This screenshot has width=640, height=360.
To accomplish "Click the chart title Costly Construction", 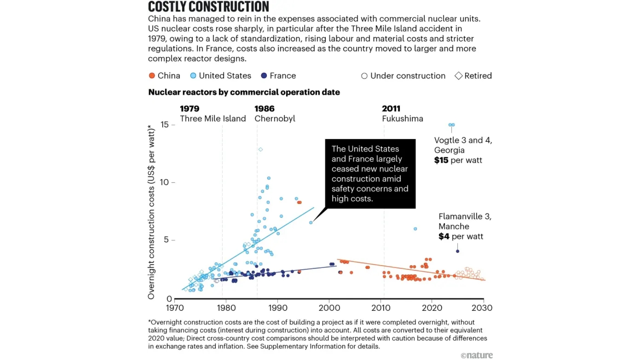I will coord(208,7).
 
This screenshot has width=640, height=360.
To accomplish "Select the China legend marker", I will coord(152,76).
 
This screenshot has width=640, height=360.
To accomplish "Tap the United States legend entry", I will coord(221,76).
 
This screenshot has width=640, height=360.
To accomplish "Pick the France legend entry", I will coord(279,76).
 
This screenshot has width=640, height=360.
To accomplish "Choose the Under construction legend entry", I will coord(403,76).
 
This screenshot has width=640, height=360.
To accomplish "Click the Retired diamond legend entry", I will coord(473,76).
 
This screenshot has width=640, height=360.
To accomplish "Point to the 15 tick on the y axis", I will coord(165,125).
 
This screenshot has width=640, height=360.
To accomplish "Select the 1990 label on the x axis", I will coord(278,308).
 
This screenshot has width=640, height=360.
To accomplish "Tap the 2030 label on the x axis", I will coord(482,308).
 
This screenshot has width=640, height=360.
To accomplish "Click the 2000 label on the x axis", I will coord(329,308).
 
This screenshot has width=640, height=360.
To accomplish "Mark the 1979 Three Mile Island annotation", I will coord(213,114).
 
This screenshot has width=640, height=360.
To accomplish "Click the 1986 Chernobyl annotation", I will coord(275,114).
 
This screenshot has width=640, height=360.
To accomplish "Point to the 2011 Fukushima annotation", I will coord(402,114).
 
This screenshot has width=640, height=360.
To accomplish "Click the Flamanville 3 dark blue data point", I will coord(458,251).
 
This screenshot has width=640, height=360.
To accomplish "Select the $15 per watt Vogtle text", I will coord(458,160).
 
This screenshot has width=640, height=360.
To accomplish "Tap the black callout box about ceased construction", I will coord(370,174).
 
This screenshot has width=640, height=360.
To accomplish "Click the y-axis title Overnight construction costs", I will coord(151,212).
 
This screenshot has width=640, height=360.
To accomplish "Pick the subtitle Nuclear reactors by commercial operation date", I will coord(244,92).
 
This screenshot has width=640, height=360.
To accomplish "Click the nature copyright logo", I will coord(477,355).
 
